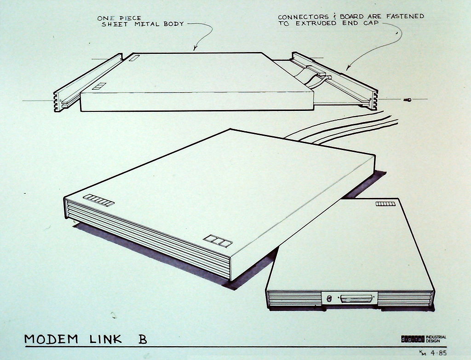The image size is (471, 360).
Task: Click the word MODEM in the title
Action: click(51, 339)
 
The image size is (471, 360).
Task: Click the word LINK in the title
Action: click(106, 339)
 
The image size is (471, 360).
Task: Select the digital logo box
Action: click(413, 339)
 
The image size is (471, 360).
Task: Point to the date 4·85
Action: click(438, 353)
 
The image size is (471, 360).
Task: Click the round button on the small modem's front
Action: click(328, 299)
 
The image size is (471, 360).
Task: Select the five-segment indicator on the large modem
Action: click(99, 200)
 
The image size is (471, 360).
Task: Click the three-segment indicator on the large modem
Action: click(218, 241)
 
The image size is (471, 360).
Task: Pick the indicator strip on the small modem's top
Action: click(385, 204)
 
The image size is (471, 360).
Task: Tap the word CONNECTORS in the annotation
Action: click(303, 17)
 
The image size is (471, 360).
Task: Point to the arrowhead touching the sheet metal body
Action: click(195, 47)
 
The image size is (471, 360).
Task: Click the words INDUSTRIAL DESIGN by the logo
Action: click(436, 339)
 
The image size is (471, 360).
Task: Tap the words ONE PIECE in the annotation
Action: click(119, 18)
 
